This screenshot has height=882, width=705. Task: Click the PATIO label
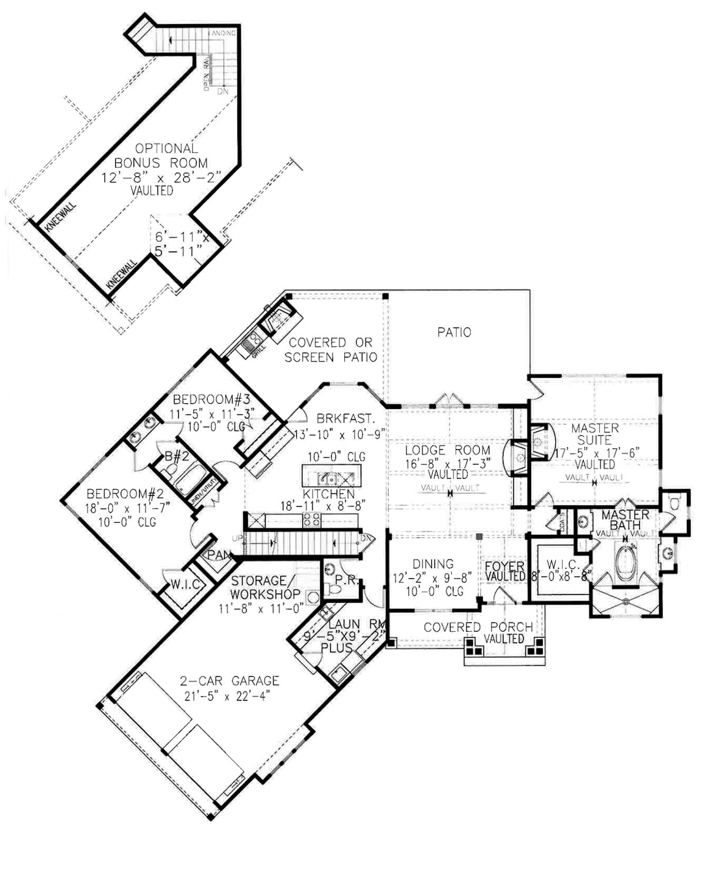(454, 333)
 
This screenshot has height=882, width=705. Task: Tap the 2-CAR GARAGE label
(229, 680)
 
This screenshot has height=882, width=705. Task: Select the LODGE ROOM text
(448, 451)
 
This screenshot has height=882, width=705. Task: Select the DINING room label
(432, 564)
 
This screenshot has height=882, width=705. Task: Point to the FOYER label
(504, 567)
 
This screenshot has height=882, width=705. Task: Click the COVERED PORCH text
(478, 627)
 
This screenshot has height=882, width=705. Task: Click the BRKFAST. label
(345, 419)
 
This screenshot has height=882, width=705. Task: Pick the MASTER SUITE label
(595, 434)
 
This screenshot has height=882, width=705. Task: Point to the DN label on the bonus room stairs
(223, 92)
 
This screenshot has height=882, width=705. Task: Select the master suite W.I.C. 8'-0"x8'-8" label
(562, 570)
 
